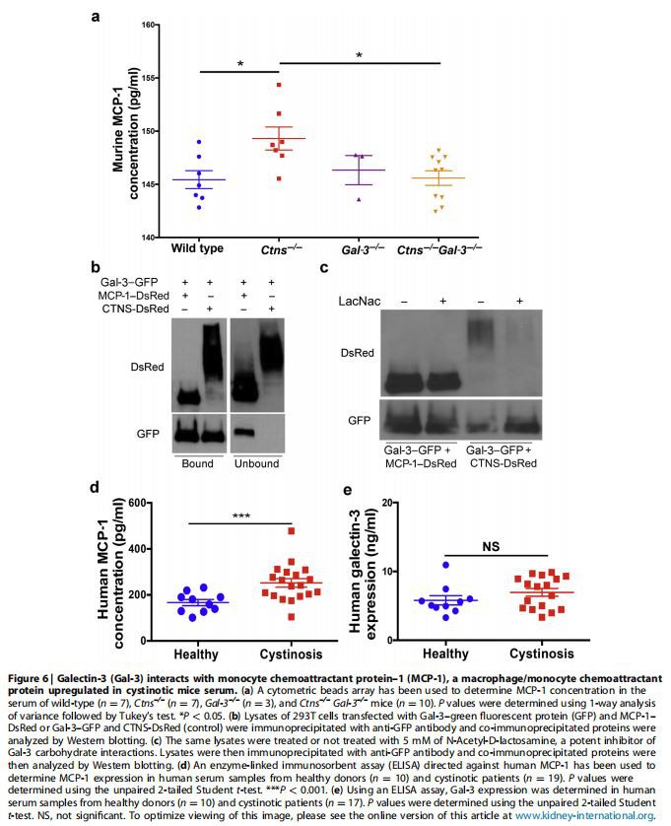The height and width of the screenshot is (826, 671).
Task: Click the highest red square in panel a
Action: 280,87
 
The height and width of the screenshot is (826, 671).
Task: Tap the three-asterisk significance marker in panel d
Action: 239,515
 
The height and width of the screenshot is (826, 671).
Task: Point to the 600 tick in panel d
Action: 137,504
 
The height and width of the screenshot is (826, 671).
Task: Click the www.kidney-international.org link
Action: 586,815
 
